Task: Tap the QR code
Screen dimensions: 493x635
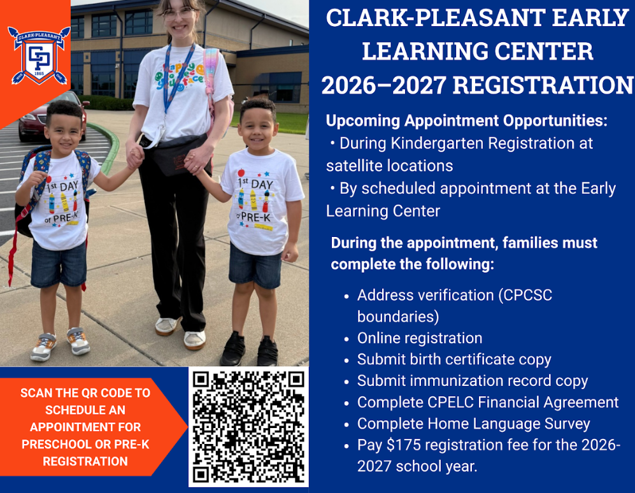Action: [248, 426]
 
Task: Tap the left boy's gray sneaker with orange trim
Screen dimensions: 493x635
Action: [78, 341]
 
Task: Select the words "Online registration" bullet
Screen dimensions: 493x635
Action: [420, 338]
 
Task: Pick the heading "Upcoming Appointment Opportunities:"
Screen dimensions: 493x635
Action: [467, 120]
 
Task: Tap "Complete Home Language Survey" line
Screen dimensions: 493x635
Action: [473, 424]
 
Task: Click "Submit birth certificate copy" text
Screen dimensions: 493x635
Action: [454, 359]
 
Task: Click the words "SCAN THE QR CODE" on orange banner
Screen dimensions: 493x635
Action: [85, 393]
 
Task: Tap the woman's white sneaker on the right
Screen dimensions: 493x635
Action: [194, 339]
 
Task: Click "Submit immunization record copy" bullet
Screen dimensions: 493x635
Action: [473, 381]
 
